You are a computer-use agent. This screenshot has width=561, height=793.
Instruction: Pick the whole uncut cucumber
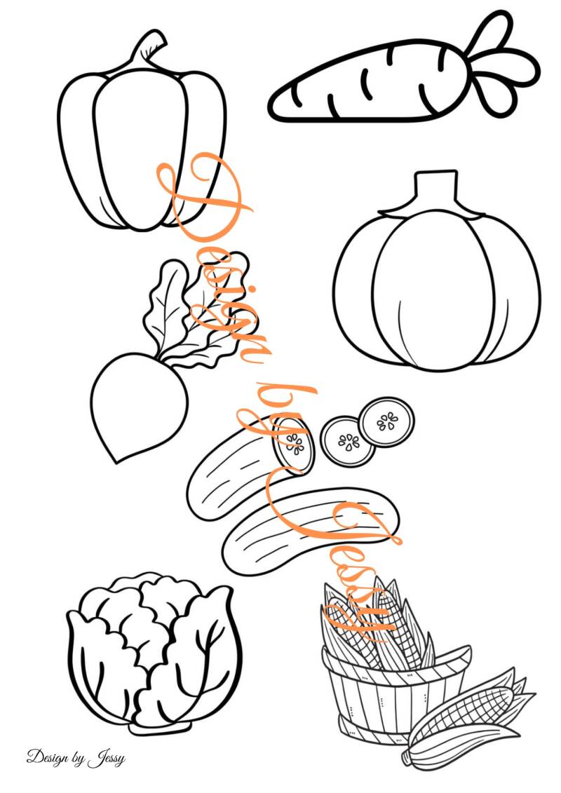310,530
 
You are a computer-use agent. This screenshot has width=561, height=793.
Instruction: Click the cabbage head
154,654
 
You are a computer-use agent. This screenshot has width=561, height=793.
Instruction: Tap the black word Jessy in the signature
106,759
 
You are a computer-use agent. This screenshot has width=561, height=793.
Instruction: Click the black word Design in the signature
48,757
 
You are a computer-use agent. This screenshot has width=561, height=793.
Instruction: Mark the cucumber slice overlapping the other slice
347,441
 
